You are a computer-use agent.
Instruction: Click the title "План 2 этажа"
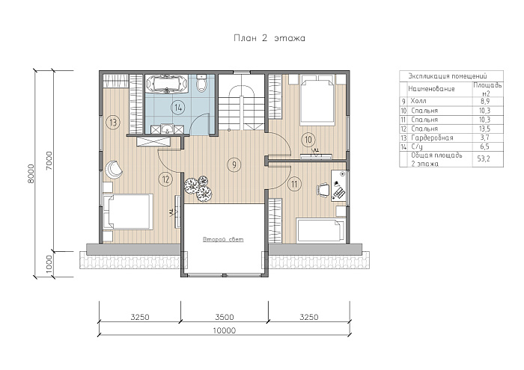coord(269,38)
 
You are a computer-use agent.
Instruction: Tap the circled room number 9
coord(234,164)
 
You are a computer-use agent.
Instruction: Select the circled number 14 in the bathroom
coord(178,108)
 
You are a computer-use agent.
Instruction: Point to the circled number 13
coord(113,123)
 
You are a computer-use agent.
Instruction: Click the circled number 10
coord(308,140)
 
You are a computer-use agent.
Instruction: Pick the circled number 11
coord(294,184)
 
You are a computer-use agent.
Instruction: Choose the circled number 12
coord(165,180)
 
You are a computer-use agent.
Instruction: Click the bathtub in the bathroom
coord(167,84)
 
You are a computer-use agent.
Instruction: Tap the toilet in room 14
coord(202,83)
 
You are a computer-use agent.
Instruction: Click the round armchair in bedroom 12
coord(114,170)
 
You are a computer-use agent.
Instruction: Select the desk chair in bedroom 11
coord(323,189)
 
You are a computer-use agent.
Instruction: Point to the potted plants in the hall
coord(198,188)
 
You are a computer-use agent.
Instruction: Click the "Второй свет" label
coord(223,239)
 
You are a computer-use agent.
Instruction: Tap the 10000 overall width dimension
coord(225,330)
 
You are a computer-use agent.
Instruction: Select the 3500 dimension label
coord(225,317)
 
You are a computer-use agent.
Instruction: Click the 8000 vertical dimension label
coord(31,173)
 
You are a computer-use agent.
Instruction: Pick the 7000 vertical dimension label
coord(49,161)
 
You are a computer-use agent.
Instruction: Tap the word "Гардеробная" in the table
coord(432,138)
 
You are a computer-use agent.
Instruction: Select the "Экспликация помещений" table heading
coord(448,76)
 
